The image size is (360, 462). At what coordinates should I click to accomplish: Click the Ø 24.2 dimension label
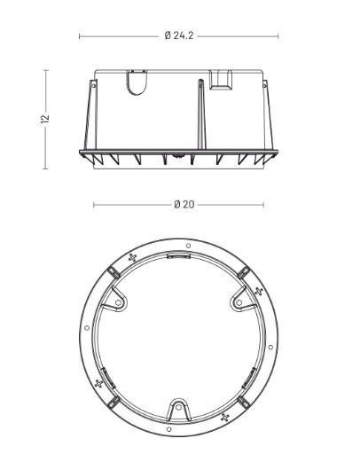(x=179, y=35)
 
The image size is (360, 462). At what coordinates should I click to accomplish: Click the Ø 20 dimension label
(x=184, y=204)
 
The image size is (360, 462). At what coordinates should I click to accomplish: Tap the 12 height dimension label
(x=45, y=119)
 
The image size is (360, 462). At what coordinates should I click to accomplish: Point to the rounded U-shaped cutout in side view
(x=137, y=82)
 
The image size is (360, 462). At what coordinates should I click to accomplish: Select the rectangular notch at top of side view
(x=220, y=80)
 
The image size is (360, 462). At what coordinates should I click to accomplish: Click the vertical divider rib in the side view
(x=202, y=114)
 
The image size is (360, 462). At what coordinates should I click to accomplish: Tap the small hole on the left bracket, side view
(x=93, y=86)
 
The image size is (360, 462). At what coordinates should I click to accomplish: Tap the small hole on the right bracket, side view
(x=264, y=85)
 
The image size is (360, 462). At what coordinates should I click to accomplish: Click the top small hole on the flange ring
(x=188, y=246)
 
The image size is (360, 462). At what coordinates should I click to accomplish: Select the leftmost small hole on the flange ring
(x=87, y=328)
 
